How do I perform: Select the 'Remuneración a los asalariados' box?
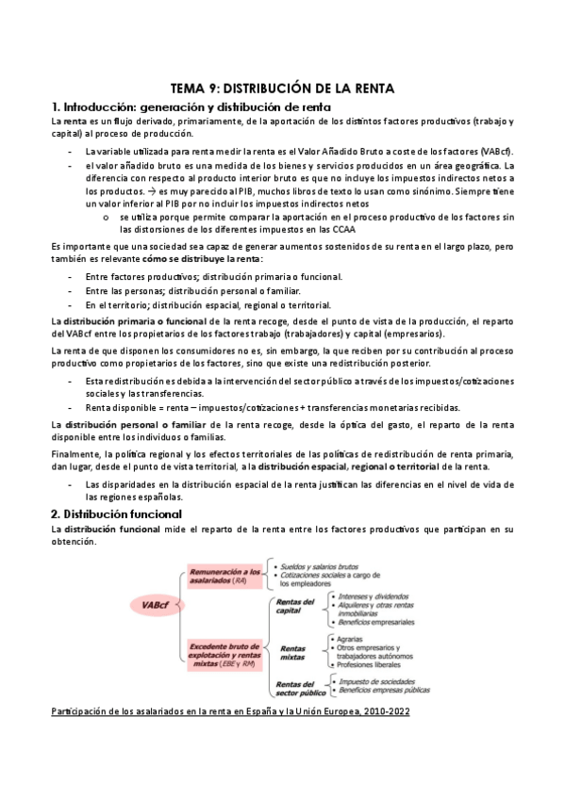coord(224,577)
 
